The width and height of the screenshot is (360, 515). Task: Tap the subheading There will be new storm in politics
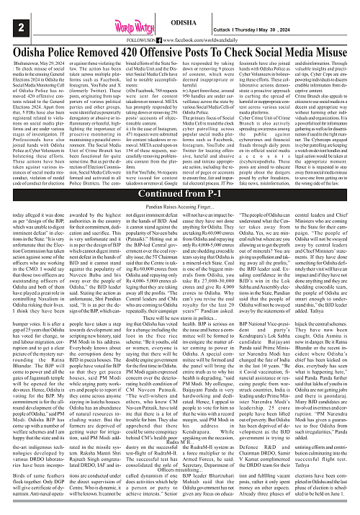click(x=181, y=350)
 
